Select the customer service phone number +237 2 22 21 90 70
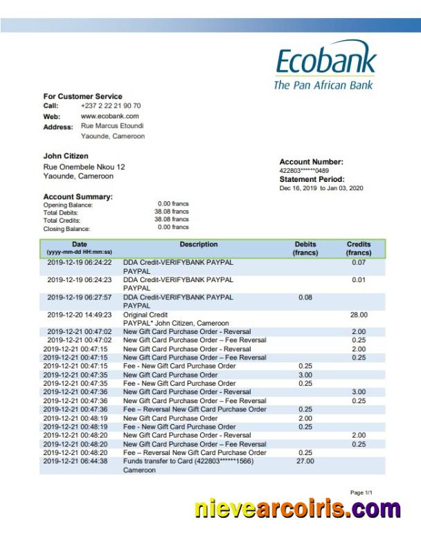coord(111,106)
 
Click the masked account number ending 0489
coord(304,170)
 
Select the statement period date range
coord(321,188)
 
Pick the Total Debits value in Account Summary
coord(172,212)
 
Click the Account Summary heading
coord(78,197)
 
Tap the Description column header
coord(199,245)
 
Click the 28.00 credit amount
coord(358,314)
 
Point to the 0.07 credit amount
coord(358,264)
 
